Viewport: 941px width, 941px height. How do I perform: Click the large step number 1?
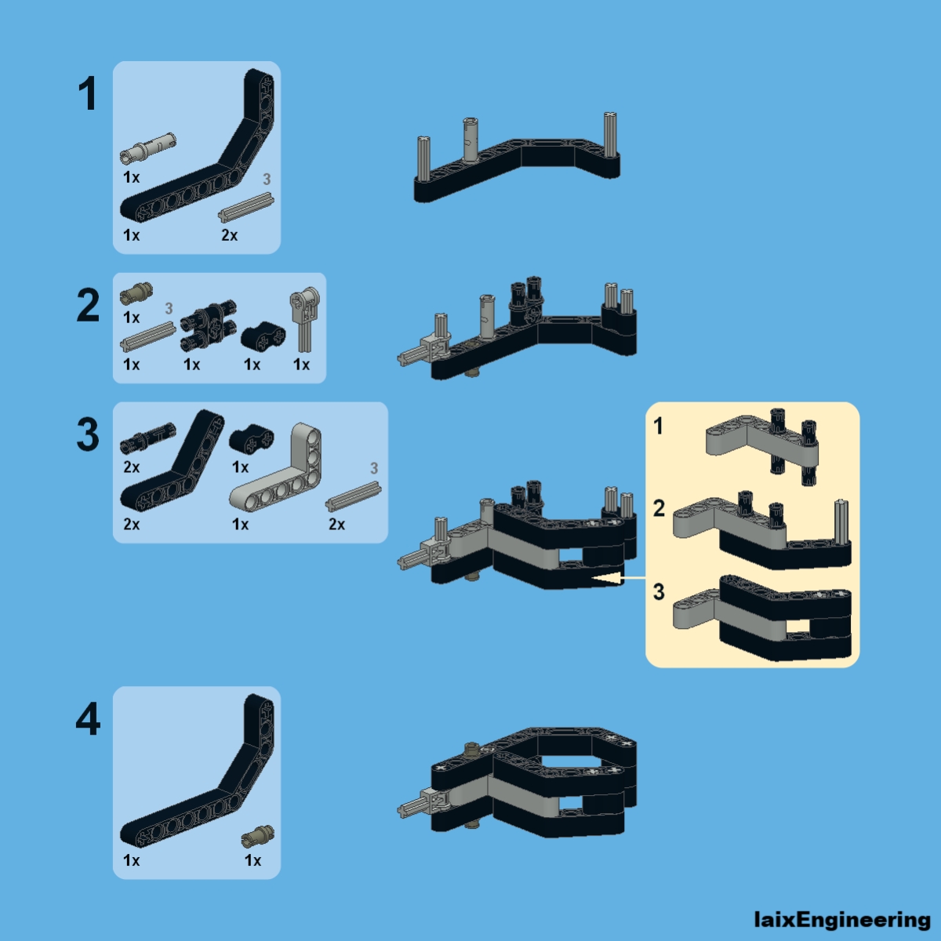click(87, 94)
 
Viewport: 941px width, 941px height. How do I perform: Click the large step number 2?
click(88, 305)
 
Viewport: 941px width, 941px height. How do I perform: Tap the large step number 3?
click(88, 434)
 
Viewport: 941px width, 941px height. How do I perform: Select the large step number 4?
click(88, 719)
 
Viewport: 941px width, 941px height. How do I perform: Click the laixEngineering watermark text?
click(841, 919)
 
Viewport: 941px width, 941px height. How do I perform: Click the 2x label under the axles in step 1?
click(229, 235)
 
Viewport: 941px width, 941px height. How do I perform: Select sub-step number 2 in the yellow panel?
click(659, 508)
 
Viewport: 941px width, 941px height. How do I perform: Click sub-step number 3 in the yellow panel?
click(659, 591)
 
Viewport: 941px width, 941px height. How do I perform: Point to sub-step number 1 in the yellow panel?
click(659, 426)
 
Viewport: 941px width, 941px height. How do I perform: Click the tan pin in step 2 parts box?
click(136, 294)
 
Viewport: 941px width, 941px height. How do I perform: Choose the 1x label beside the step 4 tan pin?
click(253, 860)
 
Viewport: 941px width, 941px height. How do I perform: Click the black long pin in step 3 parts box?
click(147, 438)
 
